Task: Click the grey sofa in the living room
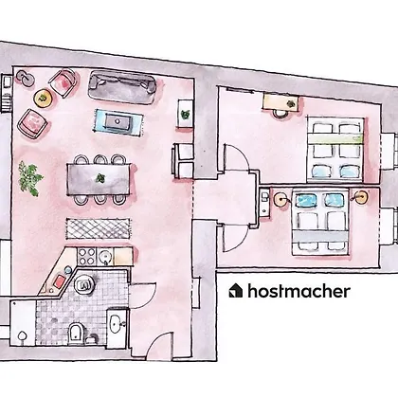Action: click(x=122, y=87)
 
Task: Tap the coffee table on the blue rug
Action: click(x=118, y=121)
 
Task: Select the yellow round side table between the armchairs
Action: click(x=43, y=99)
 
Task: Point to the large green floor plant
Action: click(x=30, y=178)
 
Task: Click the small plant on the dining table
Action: click(x=100, y=178)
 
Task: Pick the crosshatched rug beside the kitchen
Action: click(x=99, y=228)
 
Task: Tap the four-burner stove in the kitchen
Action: click(x=86, y=257)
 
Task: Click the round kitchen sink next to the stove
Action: click(x=105, y=258)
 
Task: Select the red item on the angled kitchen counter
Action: click(x=59, y=280)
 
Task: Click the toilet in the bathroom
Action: click(x=76, y=332)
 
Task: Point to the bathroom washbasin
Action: click(x=116, y=323)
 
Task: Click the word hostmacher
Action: click(x=298, y=291)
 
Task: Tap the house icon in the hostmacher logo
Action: click(x=236, y=290)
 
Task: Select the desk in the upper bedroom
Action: click(x=280, y=102)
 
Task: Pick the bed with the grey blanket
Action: click(x=319, y=222)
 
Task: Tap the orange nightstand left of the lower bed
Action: click(x=281, y=199)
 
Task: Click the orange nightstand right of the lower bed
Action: click(x=361, y=197)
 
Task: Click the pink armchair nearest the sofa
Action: click(x=63, y=82)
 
